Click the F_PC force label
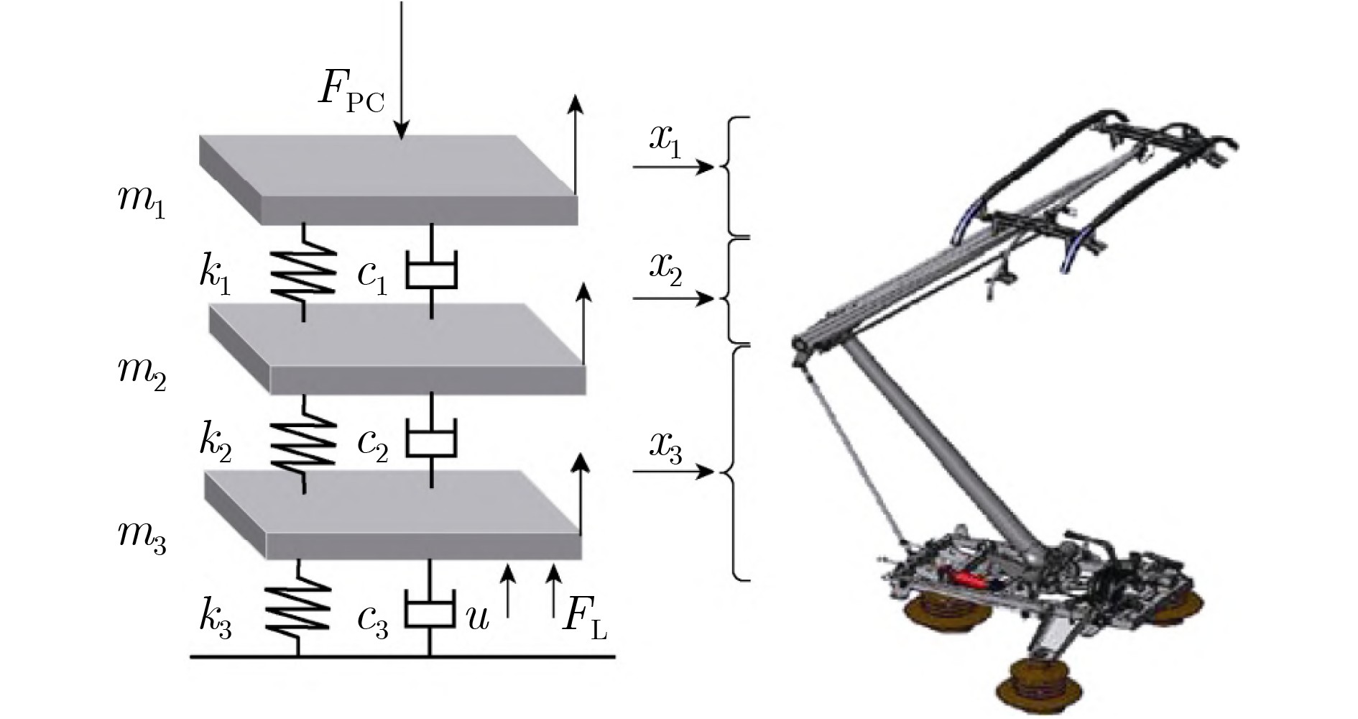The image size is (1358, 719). (351, 91)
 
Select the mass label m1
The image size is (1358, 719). (142, 199)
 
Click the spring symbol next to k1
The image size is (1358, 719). (303, 271)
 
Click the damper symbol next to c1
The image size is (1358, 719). (431, 271)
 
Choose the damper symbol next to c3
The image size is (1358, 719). (430, 609)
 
